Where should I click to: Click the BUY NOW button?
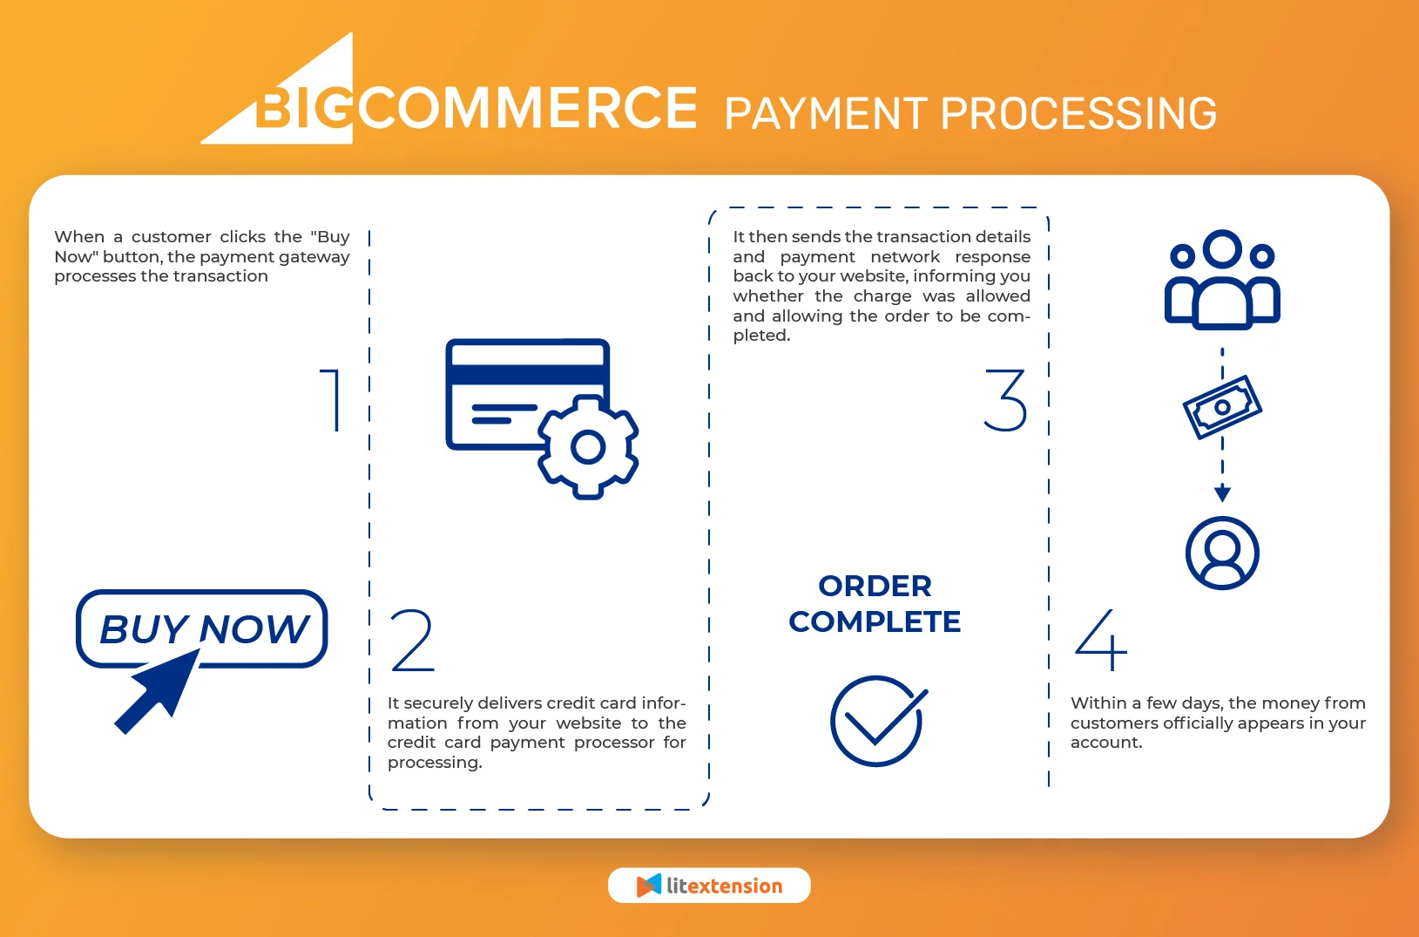[202, 628]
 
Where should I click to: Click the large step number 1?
[331, 400]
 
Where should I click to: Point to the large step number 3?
[1006, 400]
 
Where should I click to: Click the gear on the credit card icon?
[588, 447]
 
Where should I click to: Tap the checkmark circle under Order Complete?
[877, 721]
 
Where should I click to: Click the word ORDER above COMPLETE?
[875, 586]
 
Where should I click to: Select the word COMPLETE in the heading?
[875, 621]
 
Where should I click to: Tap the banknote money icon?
[1222, 407]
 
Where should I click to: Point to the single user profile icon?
[1222, 553]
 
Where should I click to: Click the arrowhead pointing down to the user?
[1222, 494]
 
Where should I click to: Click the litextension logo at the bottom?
[709, 886]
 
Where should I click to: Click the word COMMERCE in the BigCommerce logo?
[528, 108]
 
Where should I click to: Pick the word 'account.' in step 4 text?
[1106, 743]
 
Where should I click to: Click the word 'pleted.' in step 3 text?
[761, 336]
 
